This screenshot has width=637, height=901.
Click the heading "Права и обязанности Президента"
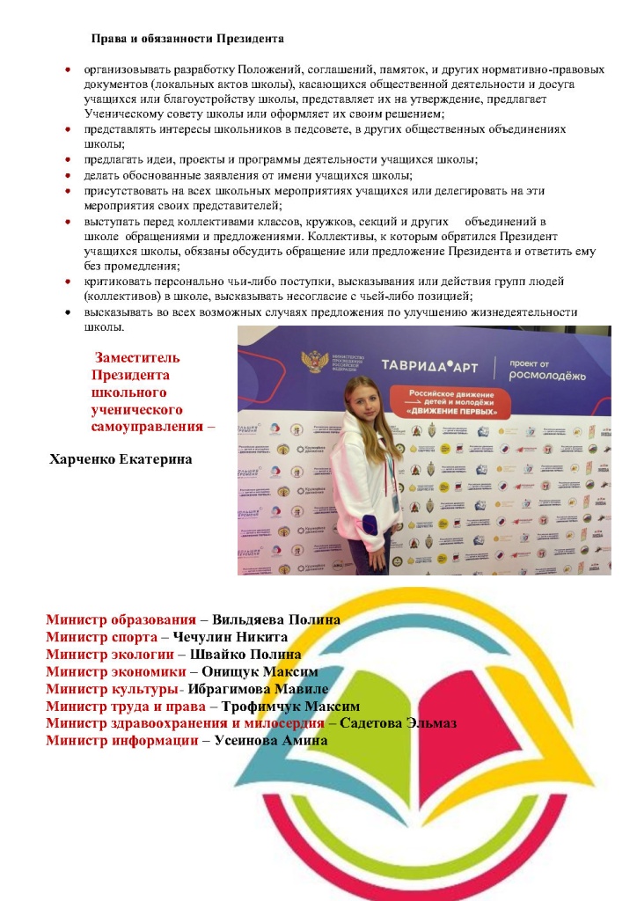(187, 39)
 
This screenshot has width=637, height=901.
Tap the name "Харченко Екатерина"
(121, 459)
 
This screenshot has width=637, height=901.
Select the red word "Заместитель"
(137, 357)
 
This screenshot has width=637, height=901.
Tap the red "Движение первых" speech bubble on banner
(450, 401)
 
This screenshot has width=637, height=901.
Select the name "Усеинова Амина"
(271, 741)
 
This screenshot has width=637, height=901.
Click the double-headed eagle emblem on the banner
(314, 363)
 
